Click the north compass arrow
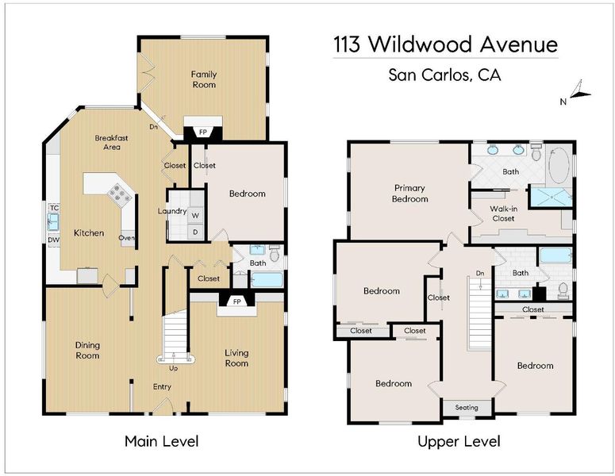click(580, 90)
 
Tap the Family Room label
click(204, 79)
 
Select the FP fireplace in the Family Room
click(203, 132)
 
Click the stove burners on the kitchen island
click(119, 194)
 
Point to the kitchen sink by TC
click(53, 221)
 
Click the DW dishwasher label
click(53, 240)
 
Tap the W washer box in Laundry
click(195, 215)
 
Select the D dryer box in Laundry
click(195, 232)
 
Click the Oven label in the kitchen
click(126, 238)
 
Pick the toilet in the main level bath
click(275, 253)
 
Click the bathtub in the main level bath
click(267, 280)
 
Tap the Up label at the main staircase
click(173, 368)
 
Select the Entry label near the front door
click(162, 387)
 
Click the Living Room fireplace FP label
click(237, 301)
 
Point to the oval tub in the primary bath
click(559, 164)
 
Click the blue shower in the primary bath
click(551, 196)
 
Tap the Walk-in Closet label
click(503, 213)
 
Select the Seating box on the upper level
click(467, 408)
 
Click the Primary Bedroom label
click(410, 194)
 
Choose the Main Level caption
click(162, 442)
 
